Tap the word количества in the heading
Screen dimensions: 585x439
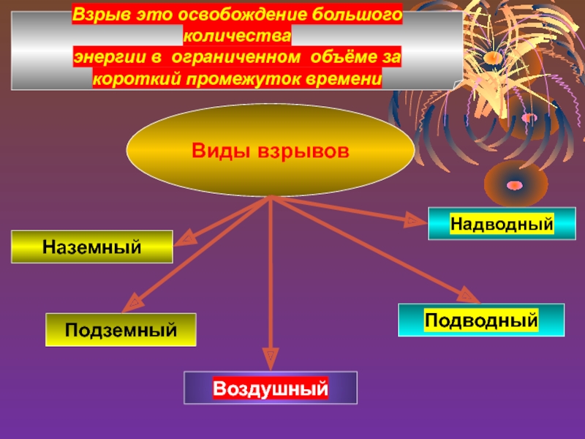(236, 35)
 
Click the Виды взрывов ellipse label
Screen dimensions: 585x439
(271, 152)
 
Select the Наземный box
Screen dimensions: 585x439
(91, 247)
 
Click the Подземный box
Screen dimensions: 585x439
(121, 330)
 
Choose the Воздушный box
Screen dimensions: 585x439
(271, 388)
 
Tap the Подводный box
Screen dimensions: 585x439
(481, 320)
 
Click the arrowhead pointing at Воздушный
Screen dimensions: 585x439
(271, 359)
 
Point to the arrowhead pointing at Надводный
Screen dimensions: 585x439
(415, 217)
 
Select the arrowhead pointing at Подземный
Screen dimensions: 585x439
(132, 303)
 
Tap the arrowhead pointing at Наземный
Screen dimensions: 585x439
(186, 238)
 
